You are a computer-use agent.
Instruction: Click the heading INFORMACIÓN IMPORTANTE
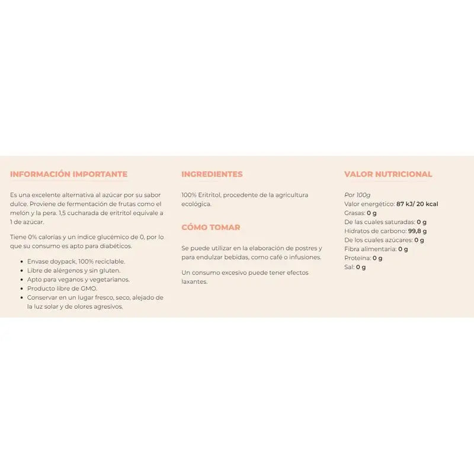pos(69,174)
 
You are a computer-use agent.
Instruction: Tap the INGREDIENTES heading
pos(212,174)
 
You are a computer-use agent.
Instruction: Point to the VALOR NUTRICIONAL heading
pos(388,174)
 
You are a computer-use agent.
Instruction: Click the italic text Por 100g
pos(357,195)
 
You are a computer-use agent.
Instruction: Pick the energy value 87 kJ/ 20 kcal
pos(417,204)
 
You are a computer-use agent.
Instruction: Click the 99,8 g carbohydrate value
pos(417,231)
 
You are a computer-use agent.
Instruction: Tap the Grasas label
pos(354,213)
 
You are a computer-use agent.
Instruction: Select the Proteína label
pos(357,258)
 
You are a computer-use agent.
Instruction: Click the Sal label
pos(348,267)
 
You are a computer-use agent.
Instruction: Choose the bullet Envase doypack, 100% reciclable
pos(76,261)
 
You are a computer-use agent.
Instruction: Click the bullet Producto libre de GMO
pos(62,289)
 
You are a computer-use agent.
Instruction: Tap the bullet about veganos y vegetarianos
pos(78,280)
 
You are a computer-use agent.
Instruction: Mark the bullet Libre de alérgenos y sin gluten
pos(74,270)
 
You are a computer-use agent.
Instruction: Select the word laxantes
pos(194,281)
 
